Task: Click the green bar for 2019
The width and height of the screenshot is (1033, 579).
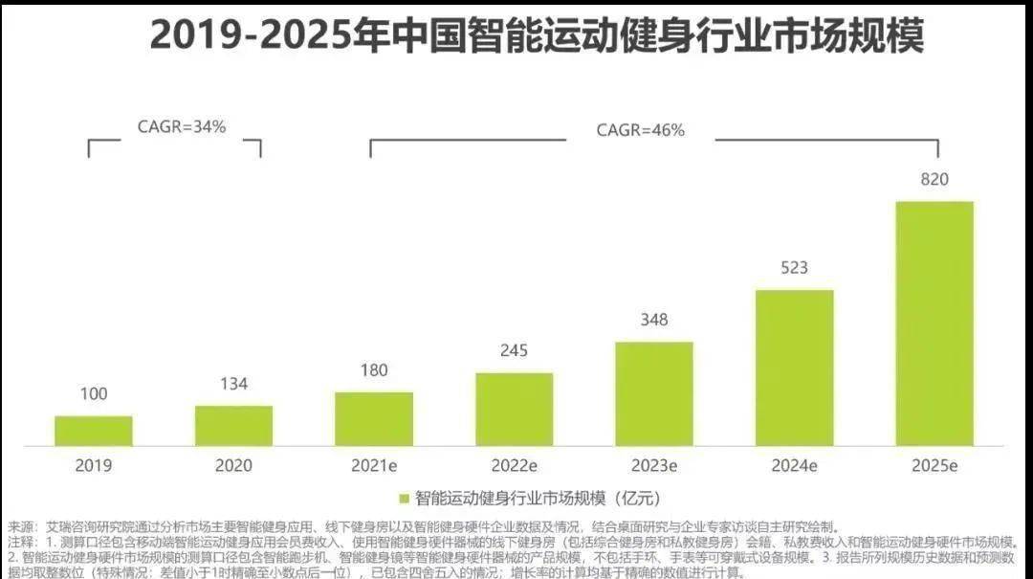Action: (93, 431)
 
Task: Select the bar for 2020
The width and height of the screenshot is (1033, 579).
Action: (233, 426)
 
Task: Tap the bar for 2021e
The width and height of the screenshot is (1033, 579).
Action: (374, 419)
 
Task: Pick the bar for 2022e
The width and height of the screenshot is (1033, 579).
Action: (514, 409)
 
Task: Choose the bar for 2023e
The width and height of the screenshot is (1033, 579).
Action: (654, 393)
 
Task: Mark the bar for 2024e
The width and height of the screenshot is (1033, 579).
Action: (794, 367)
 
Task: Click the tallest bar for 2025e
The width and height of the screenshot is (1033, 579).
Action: (934, 323)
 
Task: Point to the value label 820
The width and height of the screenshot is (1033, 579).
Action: (934, 179)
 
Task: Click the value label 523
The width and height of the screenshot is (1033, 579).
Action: (794, 268)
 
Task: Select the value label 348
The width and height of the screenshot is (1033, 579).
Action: (654, 320)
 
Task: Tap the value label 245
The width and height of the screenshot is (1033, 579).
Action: (514, 350)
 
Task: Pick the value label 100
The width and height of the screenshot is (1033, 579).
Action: (93, 393)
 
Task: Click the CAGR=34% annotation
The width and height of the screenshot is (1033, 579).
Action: (182, 125)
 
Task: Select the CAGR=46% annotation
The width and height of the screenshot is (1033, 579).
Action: (640, 130)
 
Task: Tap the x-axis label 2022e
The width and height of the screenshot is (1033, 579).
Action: (514, 466)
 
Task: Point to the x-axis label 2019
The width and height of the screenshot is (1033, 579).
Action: (93, 466)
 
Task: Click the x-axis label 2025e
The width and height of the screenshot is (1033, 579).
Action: (934, 466)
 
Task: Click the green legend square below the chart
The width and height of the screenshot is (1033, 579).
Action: (404, 499)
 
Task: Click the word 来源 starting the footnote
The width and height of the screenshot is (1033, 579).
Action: (19, 527)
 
